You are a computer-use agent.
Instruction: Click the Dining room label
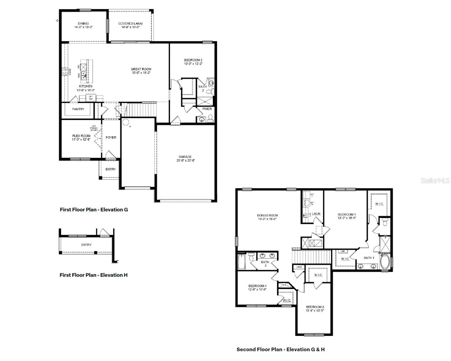click(83, 23)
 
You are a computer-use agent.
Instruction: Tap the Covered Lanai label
click(130, 23)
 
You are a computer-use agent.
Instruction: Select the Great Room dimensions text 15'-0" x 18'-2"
click(141, 73)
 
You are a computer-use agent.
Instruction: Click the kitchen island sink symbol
click(83, 76)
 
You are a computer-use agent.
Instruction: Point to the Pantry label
click(78, 109)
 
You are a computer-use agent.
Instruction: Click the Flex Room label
click(81, 136)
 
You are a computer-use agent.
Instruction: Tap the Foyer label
click(111, 137)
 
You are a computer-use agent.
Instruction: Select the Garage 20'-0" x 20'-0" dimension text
click(185, 160)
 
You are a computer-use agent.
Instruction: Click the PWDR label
click(207, 109)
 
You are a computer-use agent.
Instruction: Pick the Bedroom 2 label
click(193, 60)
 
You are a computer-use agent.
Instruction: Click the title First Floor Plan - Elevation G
click(94, 210)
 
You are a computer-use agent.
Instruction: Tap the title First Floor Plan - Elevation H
click(93, 275)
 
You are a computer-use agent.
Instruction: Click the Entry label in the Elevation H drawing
click(86, 245)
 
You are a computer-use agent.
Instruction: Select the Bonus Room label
click(267, 215)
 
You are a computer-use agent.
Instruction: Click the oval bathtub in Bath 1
click(385, 262)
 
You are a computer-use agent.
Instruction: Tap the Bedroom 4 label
click(257, 286)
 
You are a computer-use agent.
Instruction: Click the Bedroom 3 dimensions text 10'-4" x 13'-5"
click(315, 311)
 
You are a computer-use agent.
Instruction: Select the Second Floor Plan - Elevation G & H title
click(280, 349)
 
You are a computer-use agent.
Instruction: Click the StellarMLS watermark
click(435, 181)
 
